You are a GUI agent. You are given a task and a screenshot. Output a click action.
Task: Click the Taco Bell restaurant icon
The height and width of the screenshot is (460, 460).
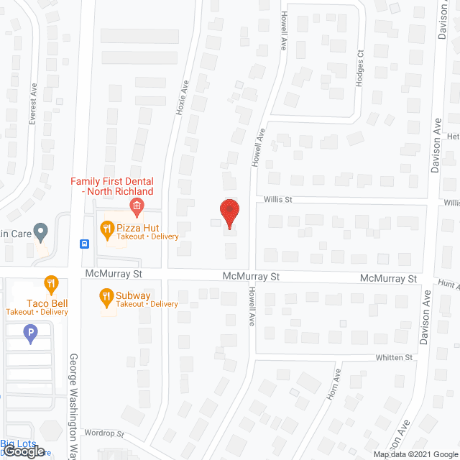[51, 285]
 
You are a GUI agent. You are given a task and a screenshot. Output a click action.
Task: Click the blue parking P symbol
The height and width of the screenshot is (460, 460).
[30, 333]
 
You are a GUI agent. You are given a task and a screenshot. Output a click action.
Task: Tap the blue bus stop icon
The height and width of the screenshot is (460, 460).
[85, 243]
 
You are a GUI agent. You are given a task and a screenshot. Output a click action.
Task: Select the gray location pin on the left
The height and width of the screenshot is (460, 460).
[40, 232]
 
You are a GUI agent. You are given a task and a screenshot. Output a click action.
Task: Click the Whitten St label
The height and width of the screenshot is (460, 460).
[394, 357]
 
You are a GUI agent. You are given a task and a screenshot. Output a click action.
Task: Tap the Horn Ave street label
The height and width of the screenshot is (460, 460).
[333, 387]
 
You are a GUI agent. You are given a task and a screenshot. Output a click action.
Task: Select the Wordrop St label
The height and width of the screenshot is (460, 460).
[103, 434]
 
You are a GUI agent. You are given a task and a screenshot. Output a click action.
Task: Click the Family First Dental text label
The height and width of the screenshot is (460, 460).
[111, 186]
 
